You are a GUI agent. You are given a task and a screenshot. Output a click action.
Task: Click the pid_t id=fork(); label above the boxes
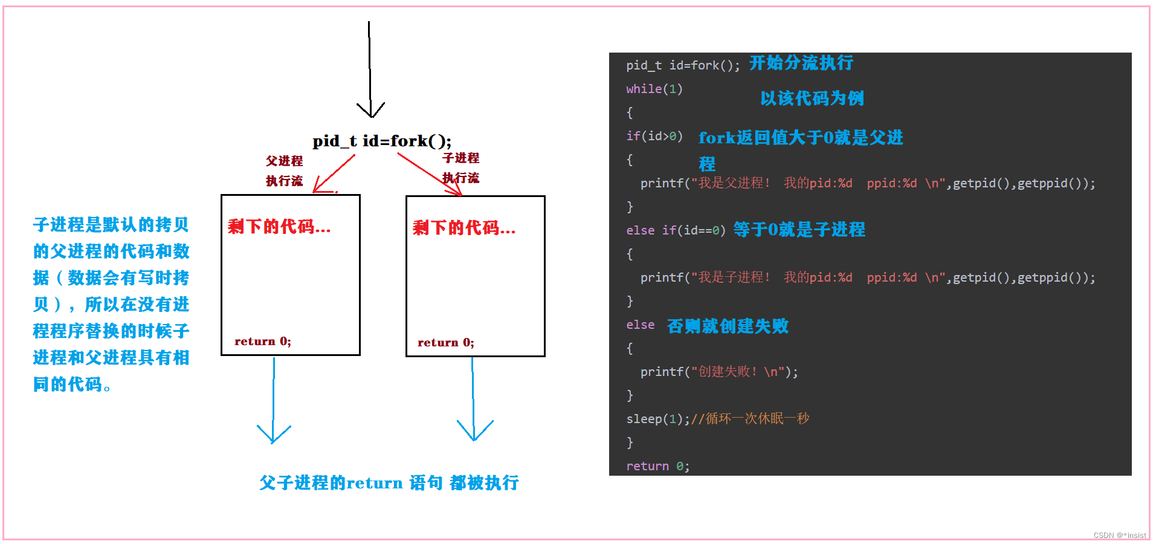[382, 141]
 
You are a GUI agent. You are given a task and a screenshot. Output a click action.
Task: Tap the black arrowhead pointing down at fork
[370, 111]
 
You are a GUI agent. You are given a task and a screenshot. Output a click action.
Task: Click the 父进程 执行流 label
[284, 170]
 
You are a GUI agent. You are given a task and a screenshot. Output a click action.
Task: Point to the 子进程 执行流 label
[460, 167]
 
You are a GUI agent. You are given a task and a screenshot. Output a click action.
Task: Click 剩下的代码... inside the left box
[279, 227]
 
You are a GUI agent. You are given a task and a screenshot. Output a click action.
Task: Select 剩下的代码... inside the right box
[464, 228]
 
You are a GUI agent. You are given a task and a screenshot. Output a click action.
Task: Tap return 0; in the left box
[263, 342]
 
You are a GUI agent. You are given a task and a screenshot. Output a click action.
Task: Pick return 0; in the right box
[446, 343]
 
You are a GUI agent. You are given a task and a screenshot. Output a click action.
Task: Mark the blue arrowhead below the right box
[475, 432]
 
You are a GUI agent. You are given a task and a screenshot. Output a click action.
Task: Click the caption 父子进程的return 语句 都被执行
[389, 483]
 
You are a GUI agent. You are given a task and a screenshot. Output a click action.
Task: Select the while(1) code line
[654, 89]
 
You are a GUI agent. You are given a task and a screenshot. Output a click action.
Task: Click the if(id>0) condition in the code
[654, 136]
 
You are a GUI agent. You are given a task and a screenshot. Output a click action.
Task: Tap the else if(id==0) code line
[676, 230]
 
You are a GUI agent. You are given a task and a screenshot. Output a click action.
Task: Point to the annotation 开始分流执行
[801, 63]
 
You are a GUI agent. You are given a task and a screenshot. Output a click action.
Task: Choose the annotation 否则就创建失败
[728, 326]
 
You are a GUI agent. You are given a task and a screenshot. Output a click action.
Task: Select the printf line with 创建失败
[719, 372]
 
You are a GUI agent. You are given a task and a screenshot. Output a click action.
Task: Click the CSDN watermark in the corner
[1119, 536]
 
